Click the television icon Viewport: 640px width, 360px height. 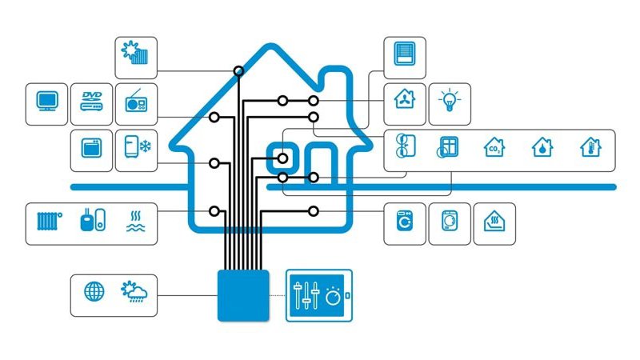coord(47,101)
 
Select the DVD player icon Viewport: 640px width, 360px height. coord(91,102)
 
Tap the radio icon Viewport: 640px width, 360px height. coord(136,101)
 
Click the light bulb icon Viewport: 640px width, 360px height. coord(450,100)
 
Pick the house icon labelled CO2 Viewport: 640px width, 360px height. coord(494,147)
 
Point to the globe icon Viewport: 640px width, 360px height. coord(94,292)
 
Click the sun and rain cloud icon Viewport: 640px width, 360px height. coord(134,291)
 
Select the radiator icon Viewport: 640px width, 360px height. coord(50,221)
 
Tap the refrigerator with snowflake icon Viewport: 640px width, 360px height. coord(138,146)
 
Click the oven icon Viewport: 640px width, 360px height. coord(91,148)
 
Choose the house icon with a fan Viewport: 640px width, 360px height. coord(405,99)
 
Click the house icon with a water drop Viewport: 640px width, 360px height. coord(542,147)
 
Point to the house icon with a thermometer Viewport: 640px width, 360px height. coord(590,147)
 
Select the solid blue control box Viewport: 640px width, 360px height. coord(243,295)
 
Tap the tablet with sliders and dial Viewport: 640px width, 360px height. coord(318,295)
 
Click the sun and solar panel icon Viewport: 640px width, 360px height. coord(134,53)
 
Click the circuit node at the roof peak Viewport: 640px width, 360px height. coord(238,71)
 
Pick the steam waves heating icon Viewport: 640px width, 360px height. coord(135,222)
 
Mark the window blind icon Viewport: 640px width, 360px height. coord(405,54)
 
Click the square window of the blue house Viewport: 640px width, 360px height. coord(282,158)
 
